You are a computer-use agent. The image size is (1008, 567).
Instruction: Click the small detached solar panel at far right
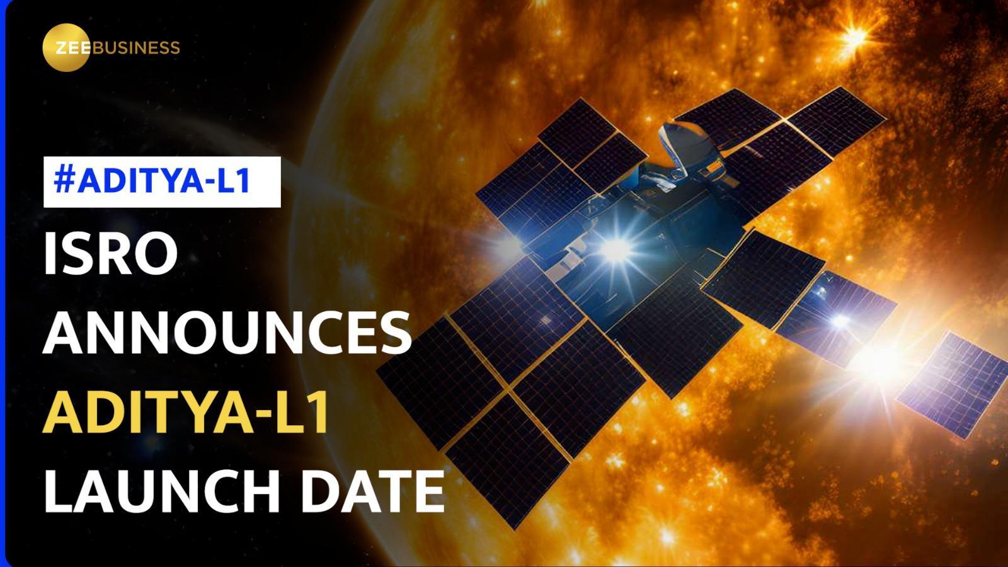[951, 384]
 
